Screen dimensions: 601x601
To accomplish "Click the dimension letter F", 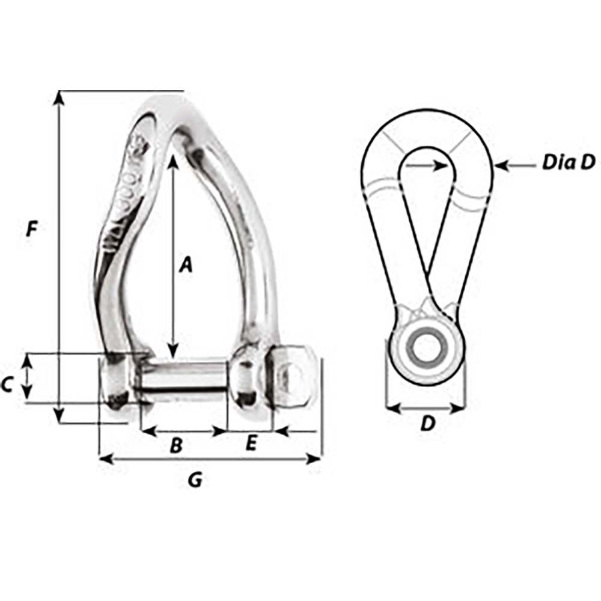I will (32, 229).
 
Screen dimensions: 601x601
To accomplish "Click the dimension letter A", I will (186, 264).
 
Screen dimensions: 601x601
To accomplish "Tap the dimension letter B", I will (176, 445).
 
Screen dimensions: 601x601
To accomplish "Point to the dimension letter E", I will (251, 444).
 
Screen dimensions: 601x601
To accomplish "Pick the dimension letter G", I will (195, 480).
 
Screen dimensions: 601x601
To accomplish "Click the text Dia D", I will (568, 162).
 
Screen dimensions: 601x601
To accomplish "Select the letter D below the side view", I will (427, 424).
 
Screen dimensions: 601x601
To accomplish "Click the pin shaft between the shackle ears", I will (183, 376).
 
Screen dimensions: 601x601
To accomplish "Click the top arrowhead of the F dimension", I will (58, 97).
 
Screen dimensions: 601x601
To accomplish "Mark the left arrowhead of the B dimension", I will (147, 431).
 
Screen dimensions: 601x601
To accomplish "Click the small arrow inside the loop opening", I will (439, 163).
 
